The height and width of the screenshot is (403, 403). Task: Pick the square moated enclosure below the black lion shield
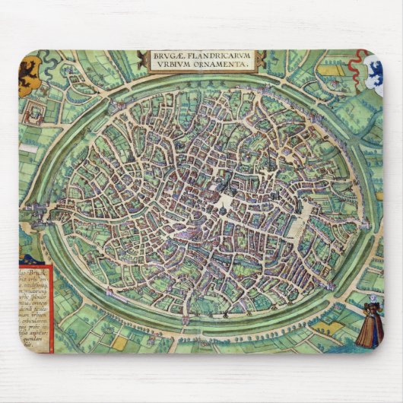[x=34, y=113]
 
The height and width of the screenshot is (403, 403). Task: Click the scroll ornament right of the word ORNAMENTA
[x=261, y=60]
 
